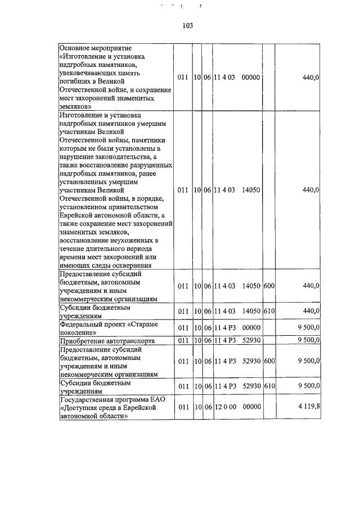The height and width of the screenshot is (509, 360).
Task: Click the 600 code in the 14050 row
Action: tap(268, 286)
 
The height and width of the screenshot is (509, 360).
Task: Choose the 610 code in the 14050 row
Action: tap(268, 311)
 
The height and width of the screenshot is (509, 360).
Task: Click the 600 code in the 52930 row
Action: tap(268, 361)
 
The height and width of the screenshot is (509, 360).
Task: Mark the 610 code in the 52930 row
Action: tap(268, 386)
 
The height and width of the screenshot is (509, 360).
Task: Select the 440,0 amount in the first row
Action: tap(310, 77)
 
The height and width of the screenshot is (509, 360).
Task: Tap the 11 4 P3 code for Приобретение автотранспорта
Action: tap(225, 340)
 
